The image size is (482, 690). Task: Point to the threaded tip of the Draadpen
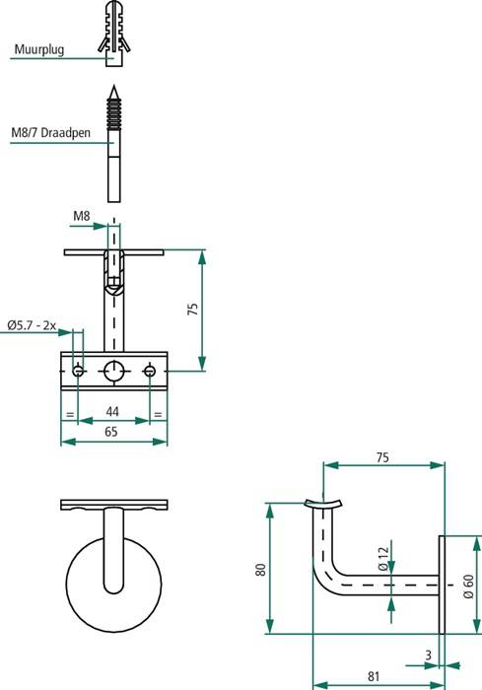[115, 110]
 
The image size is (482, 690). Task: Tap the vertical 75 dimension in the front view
[193, 309]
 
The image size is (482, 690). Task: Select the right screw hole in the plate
[150, 371]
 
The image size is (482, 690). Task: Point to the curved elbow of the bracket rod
[325, 578]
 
